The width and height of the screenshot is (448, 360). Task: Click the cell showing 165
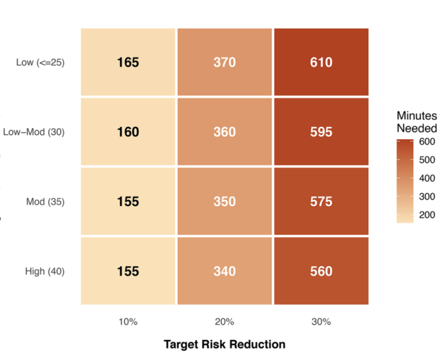(x=128, y=62)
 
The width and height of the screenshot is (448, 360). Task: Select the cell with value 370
(x=225, y=62)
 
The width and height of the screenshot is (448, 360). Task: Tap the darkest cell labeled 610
(x=321, y=62)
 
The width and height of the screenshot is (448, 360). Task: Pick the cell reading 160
(x=128, y=131)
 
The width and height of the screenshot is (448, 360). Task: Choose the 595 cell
(x=321, y=131)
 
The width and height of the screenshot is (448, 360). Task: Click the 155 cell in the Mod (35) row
(x=128, y=202)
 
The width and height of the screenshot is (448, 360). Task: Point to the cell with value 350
(x=225, y=202)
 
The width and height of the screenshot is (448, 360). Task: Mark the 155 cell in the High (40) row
(x=128, y=271)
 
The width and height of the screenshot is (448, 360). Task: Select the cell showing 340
(x=225, y=271)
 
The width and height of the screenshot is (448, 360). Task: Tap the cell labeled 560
(x=321, y=271)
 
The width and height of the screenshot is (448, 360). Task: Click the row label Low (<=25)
(x=41, y=62)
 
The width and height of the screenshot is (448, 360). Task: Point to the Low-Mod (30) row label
(x=33, y=132)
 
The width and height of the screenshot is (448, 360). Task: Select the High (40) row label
(x=45, y=271)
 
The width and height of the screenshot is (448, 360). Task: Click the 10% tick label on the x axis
(x=128, y=322)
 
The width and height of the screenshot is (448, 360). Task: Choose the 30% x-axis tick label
(x=321, y=322)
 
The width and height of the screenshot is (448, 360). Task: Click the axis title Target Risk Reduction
(x=225, y=345)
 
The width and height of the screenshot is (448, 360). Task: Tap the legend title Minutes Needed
(x=417, y=122)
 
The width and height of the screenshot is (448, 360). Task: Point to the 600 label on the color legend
(x=427, y=142)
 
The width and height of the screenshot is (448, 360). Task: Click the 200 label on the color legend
(x=427, y=214)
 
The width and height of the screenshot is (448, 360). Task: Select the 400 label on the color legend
(x=427, y=178)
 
